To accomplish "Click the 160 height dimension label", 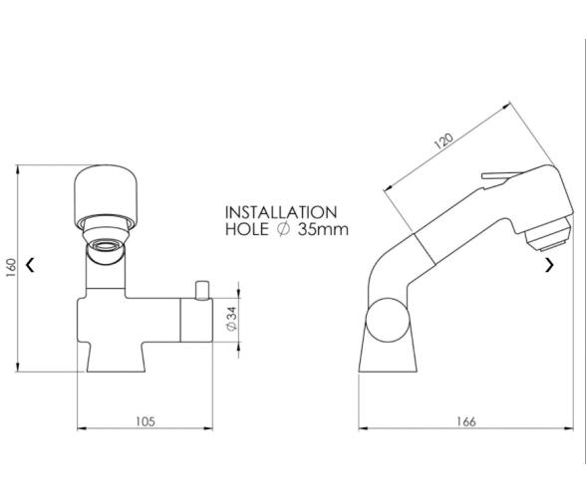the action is pos(11,268).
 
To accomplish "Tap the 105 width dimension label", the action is pos(145,421).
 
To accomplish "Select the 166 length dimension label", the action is pos(466,421).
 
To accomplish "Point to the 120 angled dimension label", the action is pos(443,140).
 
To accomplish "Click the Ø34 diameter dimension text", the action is pos(232,319).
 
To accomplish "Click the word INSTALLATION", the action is pos(281,212).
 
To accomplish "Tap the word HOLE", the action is pos(247,229).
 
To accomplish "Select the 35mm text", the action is pos(323,229).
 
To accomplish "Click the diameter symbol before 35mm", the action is pos(283,229).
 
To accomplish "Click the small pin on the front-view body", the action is pos(202,290).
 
